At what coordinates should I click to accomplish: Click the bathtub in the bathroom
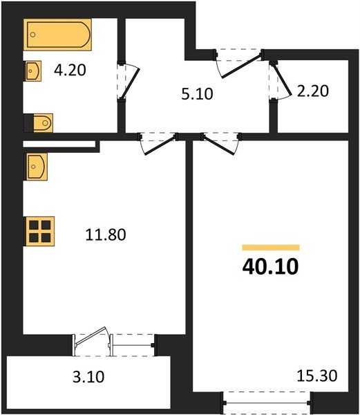coord(58,35)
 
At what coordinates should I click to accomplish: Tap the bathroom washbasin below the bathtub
coord(34,70)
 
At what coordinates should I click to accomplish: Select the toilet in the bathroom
coord(39,123)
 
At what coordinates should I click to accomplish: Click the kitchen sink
coord(36,166)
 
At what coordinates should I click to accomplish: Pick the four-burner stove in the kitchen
coord(40,230)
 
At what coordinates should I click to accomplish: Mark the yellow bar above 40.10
coord(270,247)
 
